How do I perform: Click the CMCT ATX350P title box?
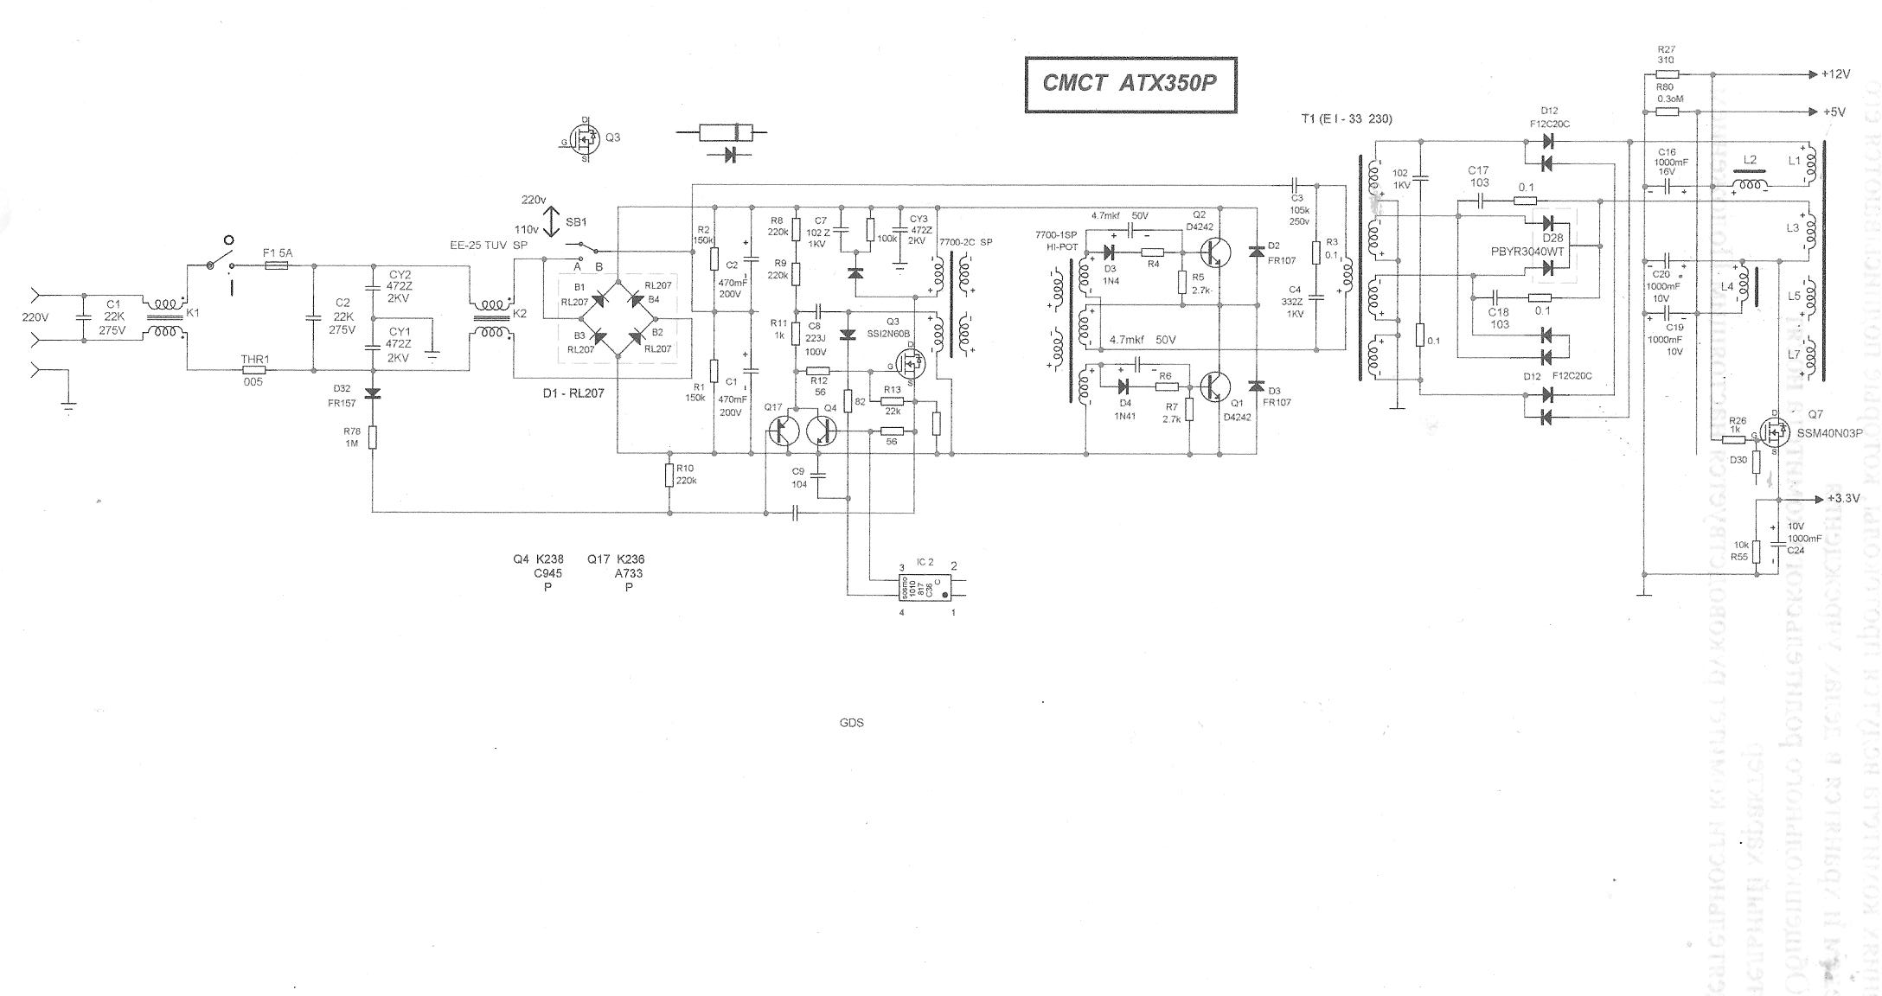click(1130, 84)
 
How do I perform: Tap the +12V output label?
click(1835, 74)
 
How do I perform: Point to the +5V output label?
click(1833, 112)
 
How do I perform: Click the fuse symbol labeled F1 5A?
click(276, 266)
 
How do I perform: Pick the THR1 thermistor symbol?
click(253, 369)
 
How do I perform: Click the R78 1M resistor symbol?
click(373, 437)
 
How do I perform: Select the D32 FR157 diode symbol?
click(373, 393)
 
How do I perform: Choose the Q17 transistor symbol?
click(786, 431)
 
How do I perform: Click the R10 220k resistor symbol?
click(669, 475)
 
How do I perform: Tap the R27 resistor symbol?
click(1667, 74)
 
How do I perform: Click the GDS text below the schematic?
click(851, 723)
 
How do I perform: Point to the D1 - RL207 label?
click(573, 393)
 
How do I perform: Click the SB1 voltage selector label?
click(576, 222)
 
